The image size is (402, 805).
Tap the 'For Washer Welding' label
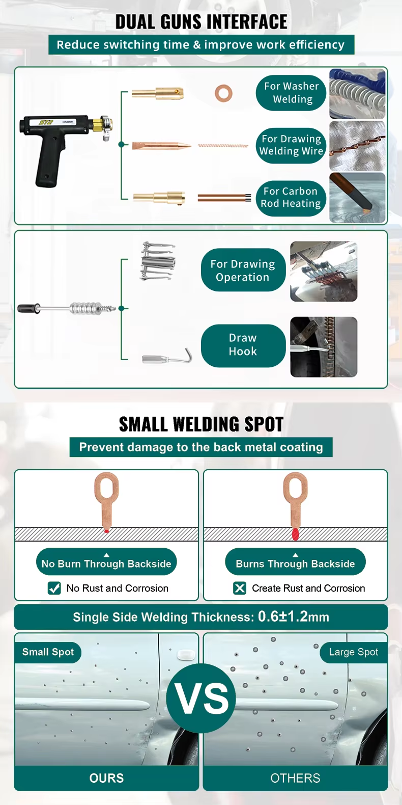[x=291, y=93]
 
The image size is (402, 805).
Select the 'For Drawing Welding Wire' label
[x=291, y=145]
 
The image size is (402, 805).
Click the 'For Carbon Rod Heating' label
[x=291, y=198]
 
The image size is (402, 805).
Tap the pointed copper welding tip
[x=161, y=146]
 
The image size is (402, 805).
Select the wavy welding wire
[x=223, y=146]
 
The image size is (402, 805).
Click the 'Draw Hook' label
[x=243, y=345]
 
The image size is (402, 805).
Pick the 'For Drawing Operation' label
[x=243, y=270]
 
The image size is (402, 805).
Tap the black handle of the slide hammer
[x=28, y=308]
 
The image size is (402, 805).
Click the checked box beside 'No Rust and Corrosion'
[x=54, y=588]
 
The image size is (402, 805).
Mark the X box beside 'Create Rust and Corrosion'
[x=240, y=588]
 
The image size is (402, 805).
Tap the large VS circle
[x=201, y=699]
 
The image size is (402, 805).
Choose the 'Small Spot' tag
[x=48, y=652]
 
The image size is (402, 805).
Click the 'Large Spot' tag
[x=354, y=652]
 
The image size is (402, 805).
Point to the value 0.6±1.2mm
[x=293, y=616]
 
